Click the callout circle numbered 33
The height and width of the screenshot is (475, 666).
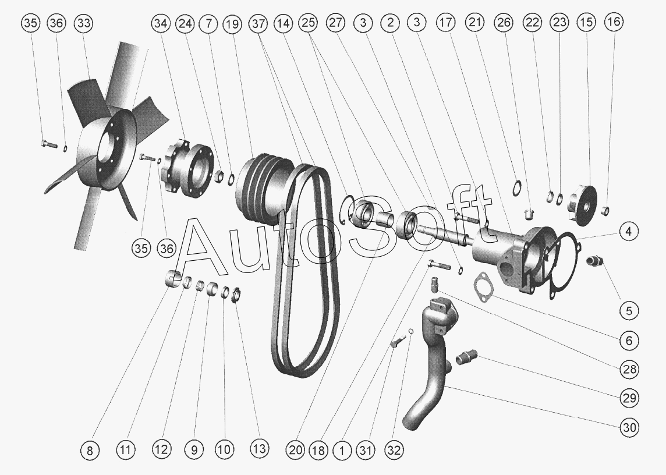coord(84,23)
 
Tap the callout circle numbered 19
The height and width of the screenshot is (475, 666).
coord(232,24)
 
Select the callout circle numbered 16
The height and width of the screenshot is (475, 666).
coord(614,22)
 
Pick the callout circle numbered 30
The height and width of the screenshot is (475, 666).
coord(629,427)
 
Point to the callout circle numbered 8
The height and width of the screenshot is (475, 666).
coord(89,450)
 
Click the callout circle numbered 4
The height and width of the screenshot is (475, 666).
coord(629,232)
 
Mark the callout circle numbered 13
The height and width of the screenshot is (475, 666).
coord(260,448)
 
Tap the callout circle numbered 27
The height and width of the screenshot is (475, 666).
coord(335,23)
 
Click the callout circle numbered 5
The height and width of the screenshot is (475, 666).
coord(629,311)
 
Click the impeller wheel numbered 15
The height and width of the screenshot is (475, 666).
coord(583,204)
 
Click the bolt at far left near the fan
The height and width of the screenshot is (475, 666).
coord(49,144)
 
